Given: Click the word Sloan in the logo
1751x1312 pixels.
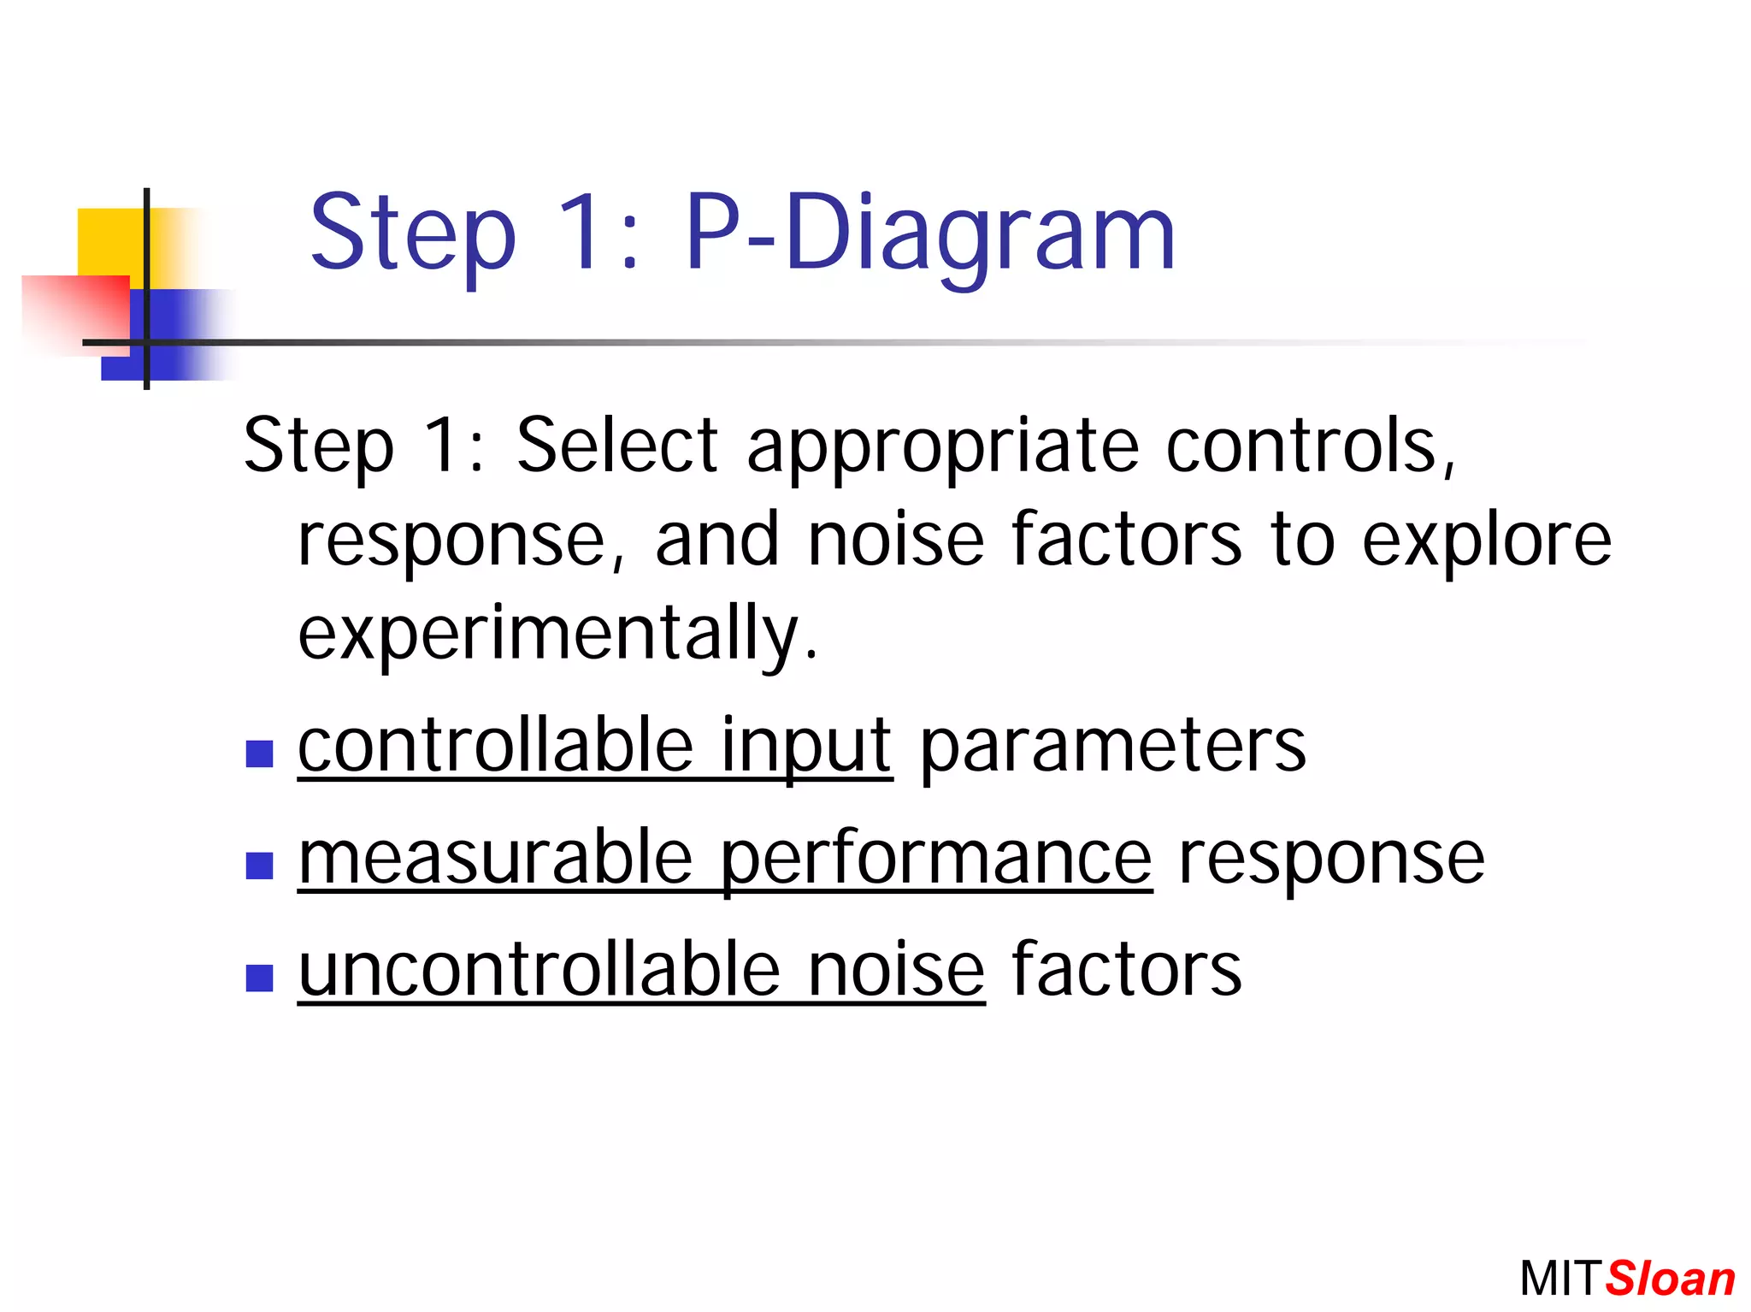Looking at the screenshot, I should pos(1670,1279).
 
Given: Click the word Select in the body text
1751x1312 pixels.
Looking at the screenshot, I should pos(616,446).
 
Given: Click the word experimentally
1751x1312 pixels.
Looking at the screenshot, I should pos(557,635).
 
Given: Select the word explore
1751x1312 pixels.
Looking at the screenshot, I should pos(1486,542).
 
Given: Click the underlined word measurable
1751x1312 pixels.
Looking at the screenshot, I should pos(495,857).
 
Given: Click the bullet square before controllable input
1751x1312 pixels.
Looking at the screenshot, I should pos(259,754).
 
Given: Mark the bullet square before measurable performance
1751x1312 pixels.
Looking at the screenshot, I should pos(259,866).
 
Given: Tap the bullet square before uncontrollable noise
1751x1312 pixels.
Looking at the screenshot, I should pos(259,978).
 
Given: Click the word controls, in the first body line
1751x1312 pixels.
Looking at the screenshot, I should pos(1310,446).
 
